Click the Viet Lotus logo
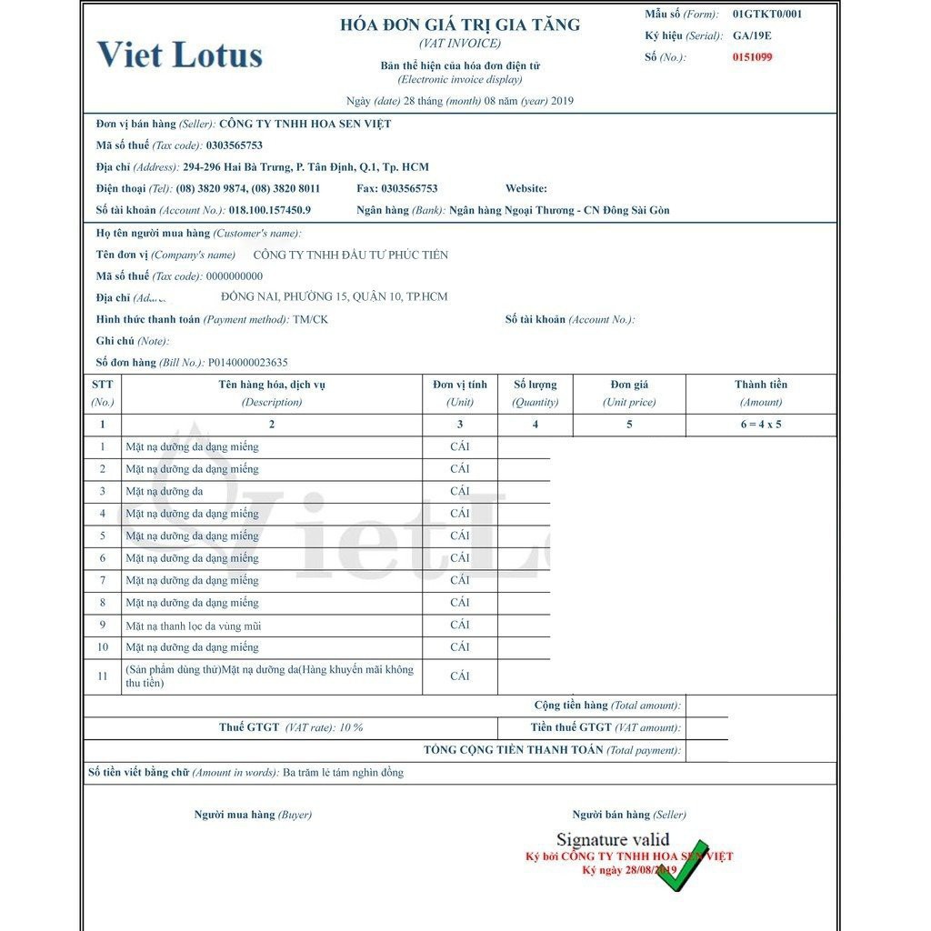[180, 55]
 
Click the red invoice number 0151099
[753, 57]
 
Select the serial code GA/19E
[752, 35]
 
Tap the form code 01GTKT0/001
[767, 14]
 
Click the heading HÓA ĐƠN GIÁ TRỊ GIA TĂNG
[460, 25]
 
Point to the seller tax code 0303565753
[235, 145]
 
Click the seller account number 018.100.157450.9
[270, 210]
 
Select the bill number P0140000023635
[248, 362]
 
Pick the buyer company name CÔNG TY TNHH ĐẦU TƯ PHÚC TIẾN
[350, 255]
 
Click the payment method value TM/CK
[311, 320]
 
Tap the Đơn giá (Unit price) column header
[629, 393]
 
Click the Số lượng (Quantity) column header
[535, 393]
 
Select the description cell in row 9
[194, 626]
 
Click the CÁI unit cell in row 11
[460, 676]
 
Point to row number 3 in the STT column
[103, 491]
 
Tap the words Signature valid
[613, 840]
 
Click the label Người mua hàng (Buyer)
[253, 815]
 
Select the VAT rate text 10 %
[351, 727]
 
